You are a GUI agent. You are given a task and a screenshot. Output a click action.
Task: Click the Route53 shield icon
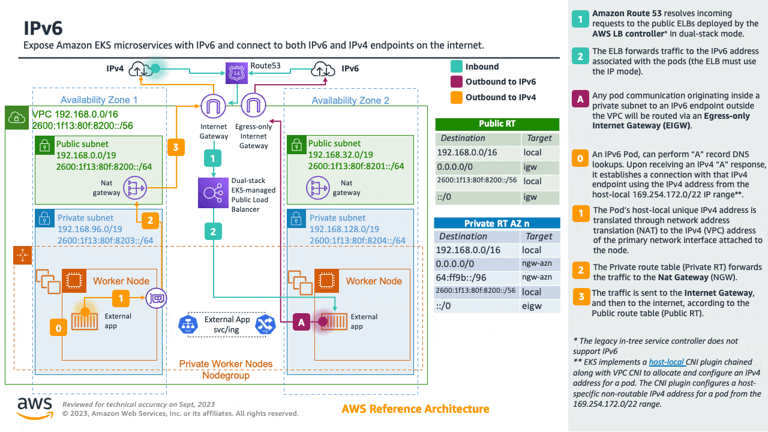(236, 74)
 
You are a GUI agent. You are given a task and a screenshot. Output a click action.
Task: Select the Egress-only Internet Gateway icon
(253, 107)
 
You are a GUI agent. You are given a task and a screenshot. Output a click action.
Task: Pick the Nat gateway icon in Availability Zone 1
(135, 188)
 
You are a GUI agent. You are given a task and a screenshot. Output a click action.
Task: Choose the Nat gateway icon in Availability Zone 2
(318, 188)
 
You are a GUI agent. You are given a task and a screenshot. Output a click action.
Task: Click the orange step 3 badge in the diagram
(176, 147)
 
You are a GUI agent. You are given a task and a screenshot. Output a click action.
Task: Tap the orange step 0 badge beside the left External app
(58, 328)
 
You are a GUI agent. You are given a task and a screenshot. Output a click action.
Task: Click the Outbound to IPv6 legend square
(456, 82)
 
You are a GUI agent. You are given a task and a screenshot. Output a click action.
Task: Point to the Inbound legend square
(456, 67)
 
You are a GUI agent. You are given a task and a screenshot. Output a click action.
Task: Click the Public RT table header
(497, 124)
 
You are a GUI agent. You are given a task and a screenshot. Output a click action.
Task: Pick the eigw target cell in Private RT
(532, 305)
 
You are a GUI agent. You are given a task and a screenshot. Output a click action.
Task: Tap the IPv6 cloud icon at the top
(324, 69)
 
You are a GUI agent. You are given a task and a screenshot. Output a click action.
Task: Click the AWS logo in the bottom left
(34, 407)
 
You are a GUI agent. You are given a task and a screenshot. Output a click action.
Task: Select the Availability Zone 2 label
(350, 100)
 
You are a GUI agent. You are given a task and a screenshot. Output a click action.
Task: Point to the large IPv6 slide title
(43, 28)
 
